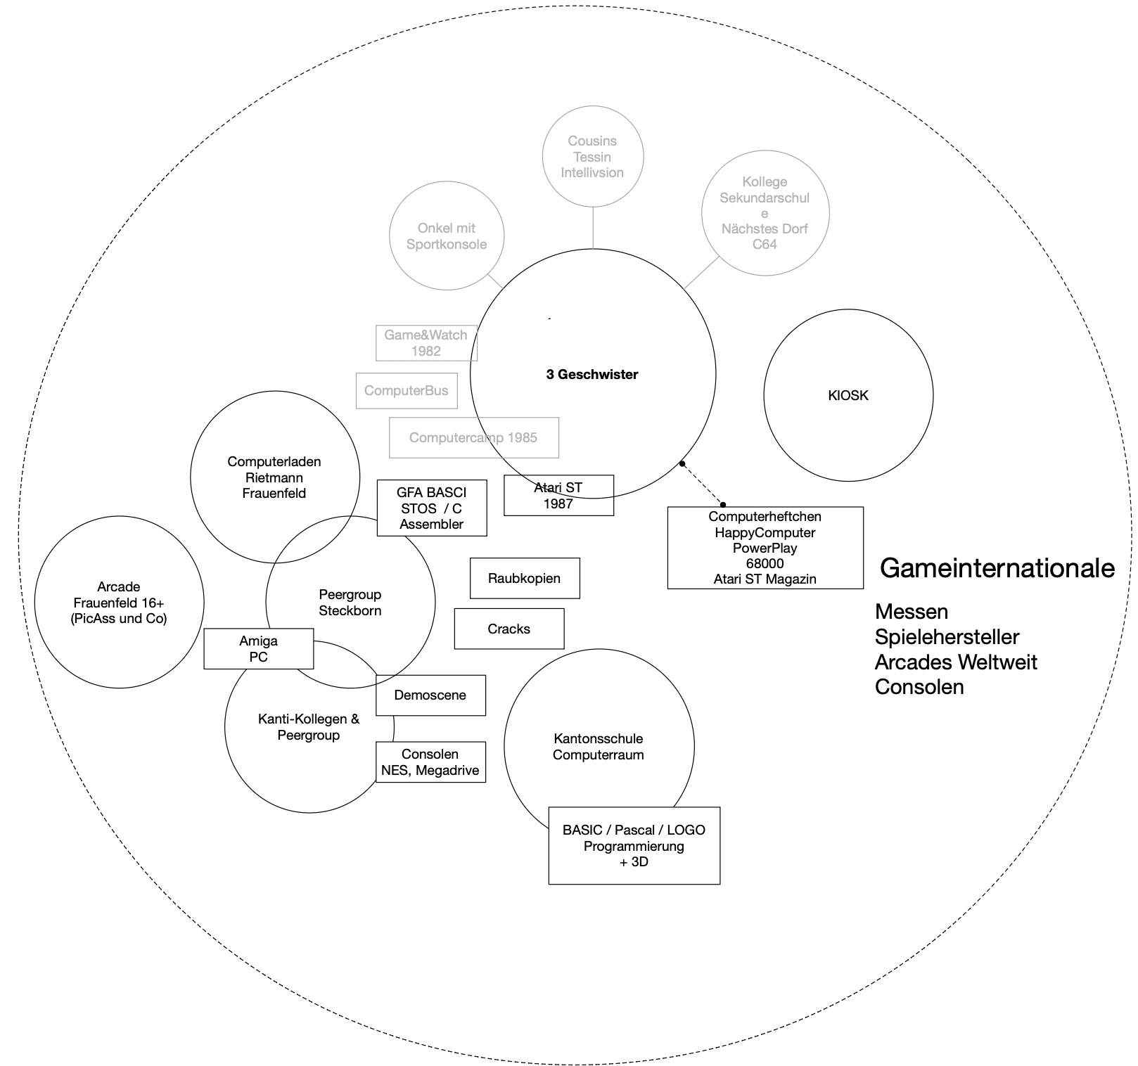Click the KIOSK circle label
pos(848,395)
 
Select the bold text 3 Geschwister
pos(592,375)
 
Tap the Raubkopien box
pos(524,578)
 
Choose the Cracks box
pos(509,629)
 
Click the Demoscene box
pos(430,695)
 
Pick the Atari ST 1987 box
pos(558,495)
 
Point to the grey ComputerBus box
pos(406,391)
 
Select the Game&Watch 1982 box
pos(426,343)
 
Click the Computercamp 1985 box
pos(473,437)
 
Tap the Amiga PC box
pos(258,648)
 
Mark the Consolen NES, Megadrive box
pos(430,762)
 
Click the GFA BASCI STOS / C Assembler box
pos(431,508)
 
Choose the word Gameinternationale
pos(997,568)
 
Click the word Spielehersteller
pos(947,637)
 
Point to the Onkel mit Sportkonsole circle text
pos(446,236)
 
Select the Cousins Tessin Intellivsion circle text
pos(592,157)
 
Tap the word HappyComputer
pos(765,532)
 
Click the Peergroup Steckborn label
pos(350,603)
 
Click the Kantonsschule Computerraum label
pos(598,747)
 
